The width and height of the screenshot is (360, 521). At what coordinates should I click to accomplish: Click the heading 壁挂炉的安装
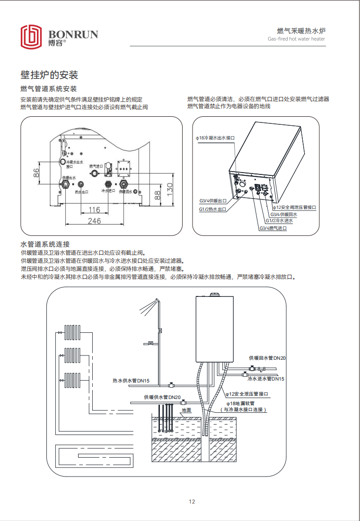pyautogui.click(x=49, y=75)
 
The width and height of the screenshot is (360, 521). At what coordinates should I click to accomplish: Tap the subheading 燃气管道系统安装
pyautogui.click(x=49, y=89)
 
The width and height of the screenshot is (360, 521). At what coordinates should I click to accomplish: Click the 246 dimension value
pyautogui.click(x=95, y=221)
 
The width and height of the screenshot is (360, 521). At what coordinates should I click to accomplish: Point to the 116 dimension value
pyautogui.click(x=95, y=209)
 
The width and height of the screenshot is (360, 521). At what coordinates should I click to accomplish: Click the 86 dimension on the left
pyautogui.click(x=36, y=173)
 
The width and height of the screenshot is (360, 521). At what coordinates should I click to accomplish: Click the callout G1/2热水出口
pyautogui.click(x=212, y=209)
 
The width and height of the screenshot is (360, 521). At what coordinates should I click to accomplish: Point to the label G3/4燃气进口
pyautogui.click(x=273, y=228)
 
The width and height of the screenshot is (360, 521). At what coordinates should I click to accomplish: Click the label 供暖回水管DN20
pyautogui.click(x=267, y=358)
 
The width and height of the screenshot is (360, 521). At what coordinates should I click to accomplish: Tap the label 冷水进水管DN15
pyautogui.click(x=266, y=379)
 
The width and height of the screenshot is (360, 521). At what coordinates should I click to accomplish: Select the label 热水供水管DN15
pyautogui.click(x=131, y=381)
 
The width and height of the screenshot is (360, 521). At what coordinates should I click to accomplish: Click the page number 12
pyautogui.click(x=192, y=502)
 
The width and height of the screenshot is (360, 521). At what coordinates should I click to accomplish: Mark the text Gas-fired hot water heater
pyautogui.click(x=297, y=40)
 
